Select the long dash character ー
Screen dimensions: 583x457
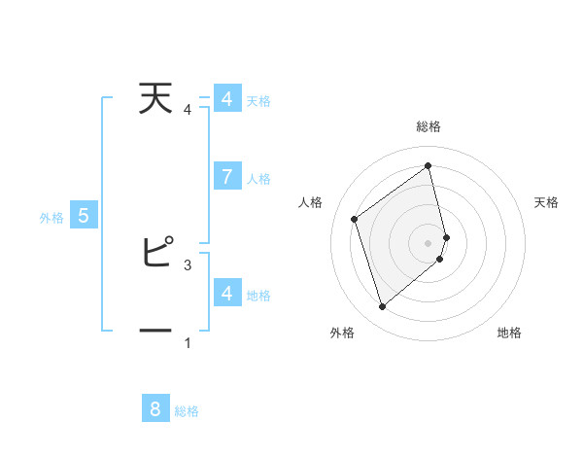(155, 330)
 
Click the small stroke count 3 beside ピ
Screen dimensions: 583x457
(188, 264)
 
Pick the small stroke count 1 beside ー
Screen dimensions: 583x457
(188, 342)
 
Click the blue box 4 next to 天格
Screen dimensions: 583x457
(226, 99)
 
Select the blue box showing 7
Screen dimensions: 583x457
(226, 176)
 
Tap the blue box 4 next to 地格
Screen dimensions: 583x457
(226, 293)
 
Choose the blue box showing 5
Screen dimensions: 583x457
(84, 216)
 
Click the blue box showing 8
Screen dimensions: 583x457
(155, 408)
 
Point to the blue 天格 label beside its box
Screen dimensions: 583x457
(258, 101)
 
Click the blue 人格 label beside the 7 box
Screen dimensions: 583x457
(258, 179)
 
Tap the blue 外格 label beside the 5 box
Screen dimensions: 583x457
(51, 218)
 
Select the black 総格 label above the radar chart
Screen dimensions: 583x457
(429, 126)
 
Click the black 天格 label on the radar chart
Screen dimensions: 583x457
(546, 202)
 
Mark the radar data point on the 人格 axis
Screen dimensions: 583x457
(355, 219)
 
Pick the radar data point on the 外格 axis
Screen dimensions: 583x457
(382, 307)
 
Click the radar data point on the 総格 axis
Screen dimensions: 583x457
(429, 166)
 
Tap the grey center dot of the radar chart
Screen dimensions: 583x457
(429, 242)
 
